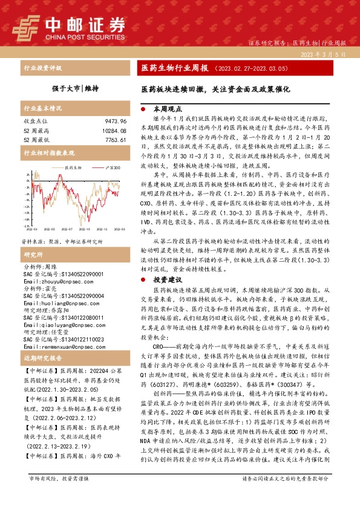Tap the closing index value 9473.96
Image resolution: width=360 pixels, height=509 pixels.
(x=114, y=122)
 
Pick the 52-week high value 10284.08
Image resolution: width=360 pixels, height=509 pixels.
(x=112, y=131)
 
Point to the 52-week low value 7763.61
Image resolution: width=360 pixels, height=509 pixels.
(x=114, y=140)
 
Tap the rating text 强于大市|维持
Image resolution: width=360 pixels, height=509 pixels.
(x=67, y=87)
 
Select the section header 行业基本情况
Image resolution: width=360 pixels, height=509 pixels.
(x=42, y=109)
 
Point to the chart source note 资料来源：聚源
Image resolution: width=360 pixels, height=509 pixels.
(x=39, y=240)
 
